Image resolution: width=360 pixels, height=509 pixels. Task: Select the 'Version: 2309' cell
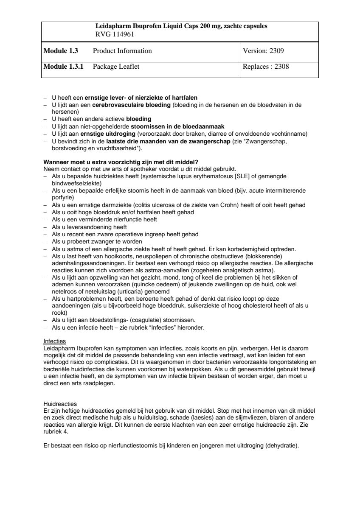[x=263, y=51]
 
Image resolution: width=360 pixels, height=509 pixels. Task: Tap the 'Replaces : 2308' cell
[x=266, y=67]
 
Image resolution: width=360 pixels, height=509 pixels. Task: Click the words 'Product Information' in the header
[x=122, y=51]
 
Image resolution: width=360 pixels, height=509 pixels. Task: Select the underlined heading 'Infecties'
[x=54, y=341]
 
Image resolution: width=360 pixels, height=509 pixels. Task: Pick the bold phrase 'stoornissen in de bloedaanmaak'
[x=177, y=126]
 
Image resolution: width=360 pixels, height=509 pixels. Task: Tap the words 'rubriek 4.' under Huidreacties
[x=56, y=432]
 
